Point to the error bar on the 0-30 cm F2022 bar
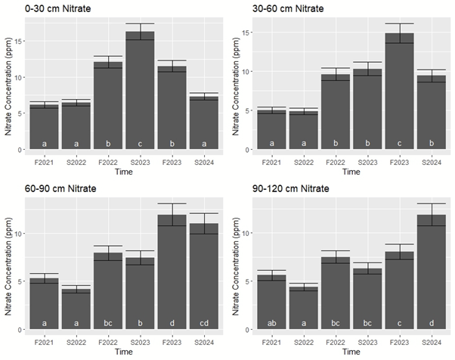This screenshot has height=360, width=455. click(108, 62)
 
